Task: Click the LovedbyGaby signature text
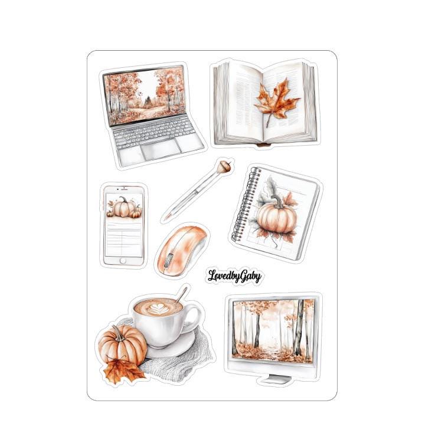234,276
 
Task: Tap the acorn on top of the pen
225,166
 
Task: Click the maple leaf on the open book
276,101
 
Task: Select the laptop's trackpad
161,149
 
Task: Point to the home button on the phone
123,261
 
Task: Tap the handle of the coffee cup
194,318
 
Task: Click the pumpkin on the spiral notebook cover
276,218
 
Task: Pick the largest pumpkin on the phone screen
123,207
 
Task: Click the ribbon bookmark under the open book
264,145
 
